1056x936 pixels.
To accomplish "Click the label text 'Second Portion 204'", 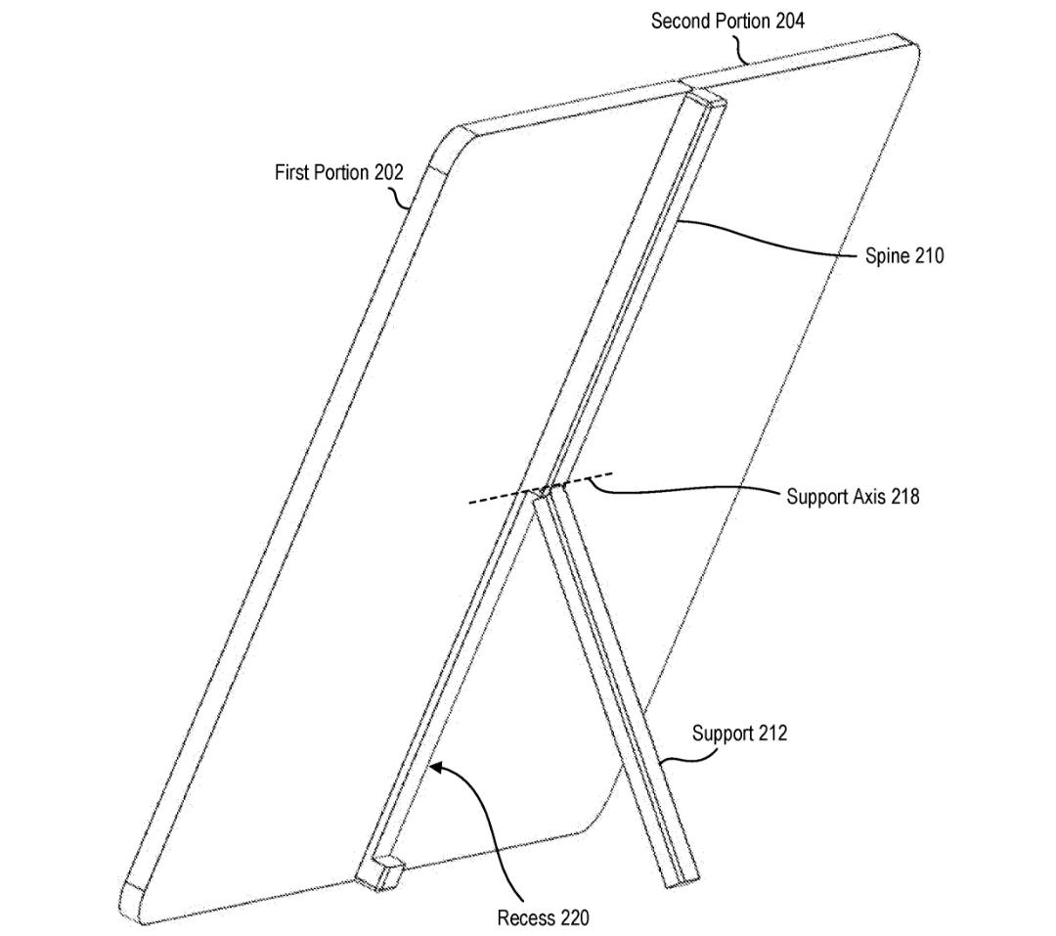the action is [x=727, y=22].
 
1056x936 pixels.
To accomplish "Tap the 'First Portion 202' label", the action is [x=338, y=172].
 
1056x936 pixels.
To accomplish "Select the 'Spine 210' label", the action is [x=904, y=256].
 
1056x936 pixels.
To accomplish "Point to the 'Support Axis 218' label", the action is [x=853, y=497].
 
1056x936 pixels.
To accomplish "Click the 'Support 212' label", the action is [x=739, y=734].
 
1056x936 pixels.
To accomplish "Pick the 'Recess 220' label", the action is [x=543, y=917].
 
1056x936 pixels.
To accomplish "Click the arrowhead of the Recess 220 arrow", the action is [x=436, y=767].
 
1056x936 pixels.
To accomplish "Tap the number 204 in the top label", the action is [x=789, y=22].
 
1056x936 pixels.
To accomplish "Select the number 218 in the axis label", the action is [x=904, y=497].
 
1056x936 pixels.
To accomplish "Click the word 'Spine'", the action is [x=885, y=257].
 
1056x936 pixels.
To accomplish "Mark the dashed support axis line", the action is [x=540, y=488].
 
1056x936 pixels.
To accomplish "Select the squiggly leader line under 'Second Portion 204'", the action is [x=740, y=49].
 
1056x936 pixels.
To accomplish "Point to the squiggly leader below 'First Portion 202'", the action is [x=400, y=198].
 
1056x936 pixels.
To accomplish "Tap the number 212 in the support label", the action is [x=771, y=734].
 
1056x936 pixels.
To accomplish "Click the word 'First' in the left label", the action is [x=292, y=172].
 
